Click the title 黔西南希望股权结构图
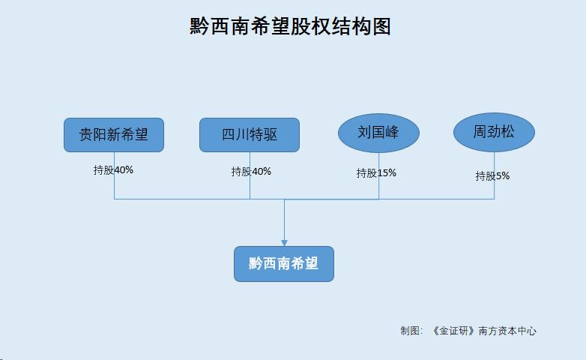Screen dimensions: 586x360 point(290,26)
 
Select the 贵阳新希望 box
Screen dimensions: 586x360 point(114,135)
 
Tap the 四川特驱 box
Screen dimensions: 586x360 point(250,135)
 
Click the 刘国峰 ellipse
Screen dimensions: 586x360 point(378,133)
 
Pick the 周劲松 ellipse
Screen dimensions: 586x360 point(494,133)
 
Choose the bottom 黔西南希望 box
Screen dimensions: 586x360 point(284,264)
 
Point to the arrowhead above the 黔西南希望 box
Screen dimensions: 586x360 point(285,243)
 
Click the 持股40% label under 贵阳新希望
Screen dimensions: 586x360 point(113,170)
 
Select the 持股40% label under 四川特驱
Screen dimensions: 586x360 point(251,172)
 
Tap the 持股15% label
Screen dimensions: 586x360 point(376,173)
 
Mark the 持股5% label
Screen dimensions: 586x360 point(492,176)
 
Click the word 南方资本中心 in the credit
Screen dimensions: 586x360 point(507,331)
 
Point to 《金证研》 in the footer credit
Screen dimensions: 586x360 point(453,331)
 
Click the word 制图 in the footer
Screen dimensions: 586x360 point(410,331)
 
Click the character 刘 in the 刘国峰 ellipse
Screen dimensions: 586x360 point(364,132)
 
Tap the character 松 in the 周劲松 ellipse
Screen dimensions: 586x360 point(507,132)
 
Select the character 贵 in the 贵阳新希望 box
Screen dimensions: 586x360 point(86,135)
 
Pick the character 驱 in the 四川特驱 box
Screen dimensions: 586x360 point(271,135)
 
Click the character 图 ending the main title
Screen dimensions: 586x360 point(381,26)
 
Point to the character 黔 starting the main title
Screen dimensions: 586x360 point(199,26)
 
